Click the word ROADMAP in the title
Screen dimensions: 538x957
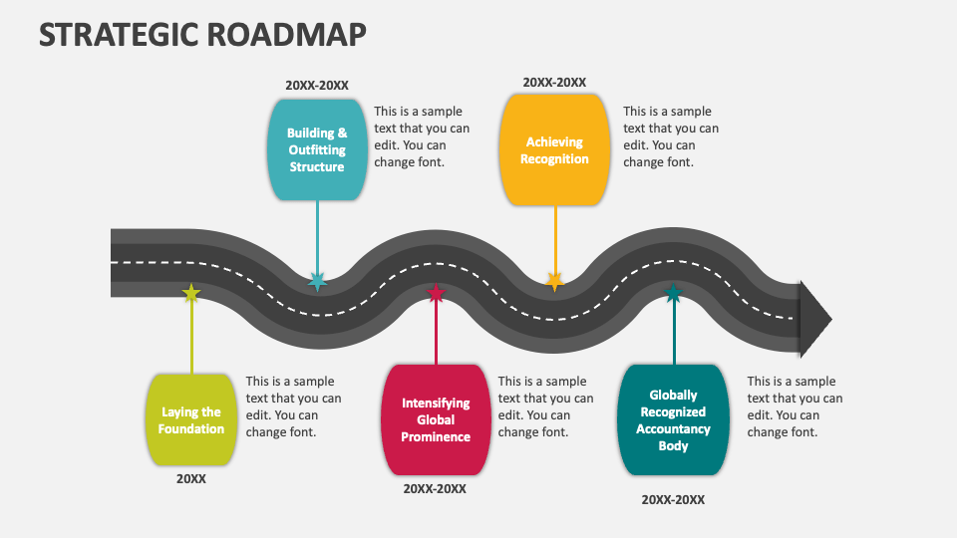[x=288, y=34]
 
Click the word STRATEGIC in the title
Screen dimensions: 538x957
[x=121, y=34]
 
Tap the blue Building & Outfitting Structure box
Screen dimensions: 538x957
[x=317, y=149]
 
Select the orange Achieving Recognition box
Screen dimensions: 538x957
[x=554, y=149]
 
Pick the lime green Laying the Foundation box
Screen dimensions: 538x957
[x=191, y=420]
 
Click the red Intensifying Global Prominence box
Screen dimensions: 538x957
[x=436, y=419]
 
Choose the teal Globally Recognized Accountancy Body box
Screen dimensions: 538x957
[x=673, y=419]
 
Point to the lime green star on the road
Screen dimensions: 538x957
[x=191, y=293]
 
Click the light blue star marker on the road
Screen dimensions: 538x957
[x=317, y=282]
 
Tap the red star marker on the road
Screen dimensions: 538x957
[x=436, y=294]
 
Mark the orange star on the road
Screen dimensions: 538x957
[x=554, y=282]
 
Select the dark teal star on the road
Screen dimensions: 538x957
[x=673, y=294]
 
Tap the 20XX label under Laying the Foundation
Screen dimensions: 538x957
[x=191, y=479]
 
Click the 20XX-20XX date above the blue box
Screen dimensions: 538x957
[x=317, y=86]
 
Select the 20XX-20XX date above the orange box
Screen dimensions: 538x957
[x=554, y=83]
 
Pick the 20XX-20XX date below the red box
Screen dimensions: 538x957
[x=435, y=489]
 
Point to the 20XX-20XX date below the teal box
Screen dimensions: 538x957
[x=673, y=500]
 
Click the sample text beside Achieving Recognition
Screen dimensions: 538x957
[x=670, y=136]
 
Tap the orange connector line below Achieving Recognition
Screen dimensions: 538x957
[x=554, y=239]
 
